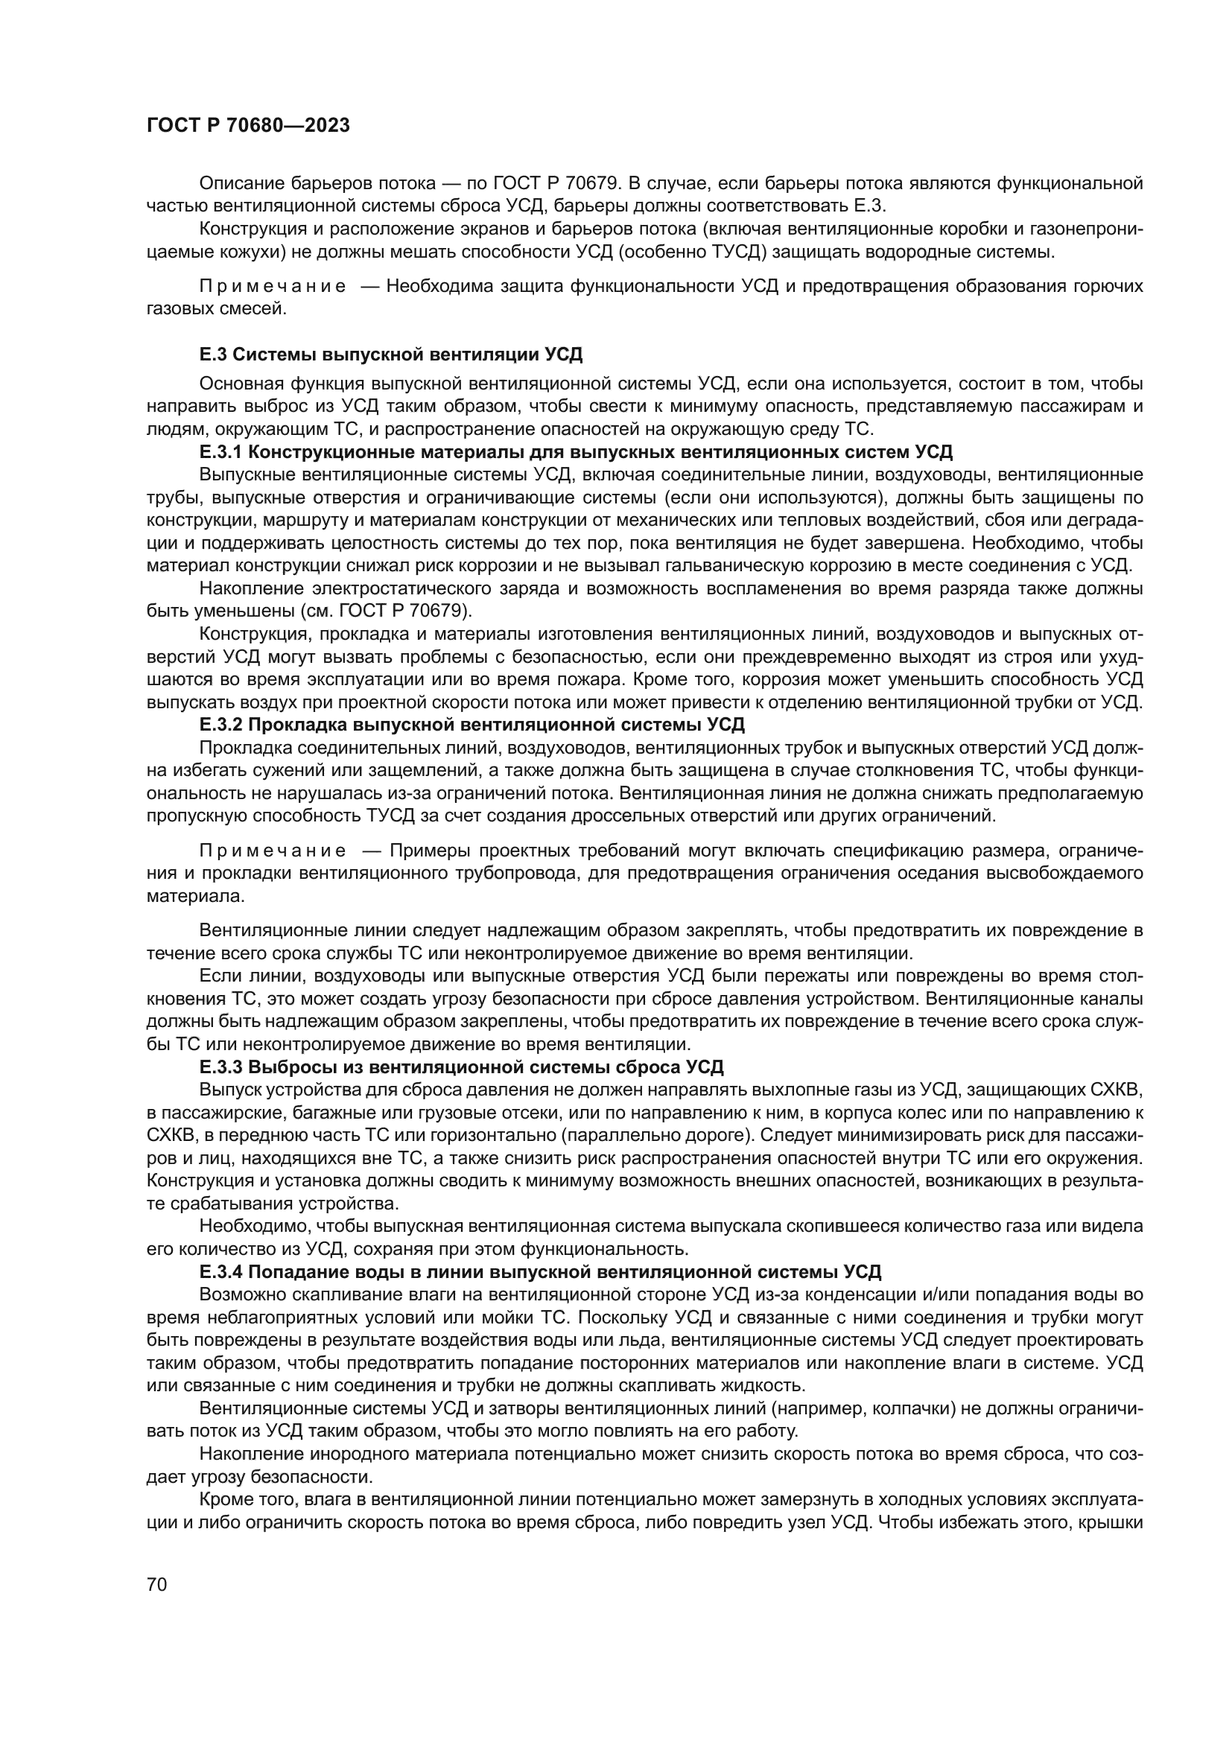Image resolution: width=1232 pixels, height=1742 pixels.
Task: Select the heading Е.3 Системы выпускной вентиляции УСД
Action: point(392,355)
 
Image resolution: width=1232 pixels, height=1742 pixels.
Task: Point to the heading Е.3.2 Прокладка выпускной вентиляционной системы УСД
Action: point(471,725)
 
